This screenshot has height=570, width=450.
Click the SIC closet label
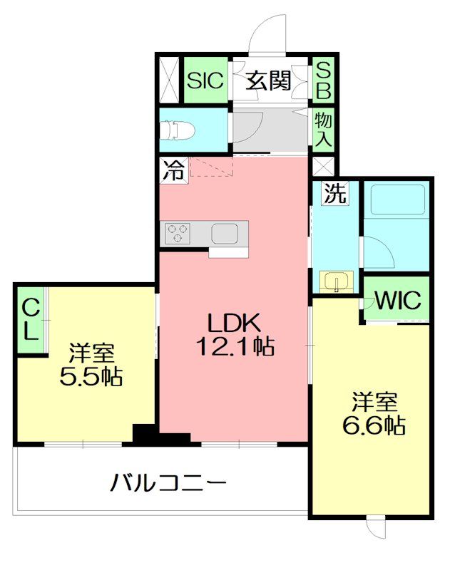click(x=205, y=80)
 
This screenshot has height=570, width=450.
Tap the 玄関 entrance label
click(x=269, y=81)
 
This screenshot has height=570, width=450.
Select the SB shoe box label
click(x=324, y=80)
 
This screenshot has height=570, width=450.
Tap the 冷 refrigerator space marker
click(x=171, y=171)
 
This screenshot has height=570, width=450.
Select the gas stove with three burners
click(x=178, y=232)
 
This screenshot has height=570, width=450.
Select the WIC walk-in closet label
click(x=398, y=300)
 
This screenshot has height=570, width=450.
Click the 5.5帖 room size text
click(x=91, y=375)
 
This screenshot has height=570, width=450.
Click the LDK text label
click(x=232, y=322)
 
